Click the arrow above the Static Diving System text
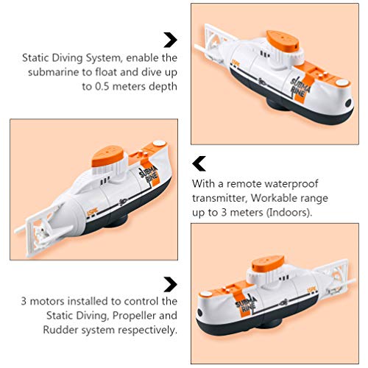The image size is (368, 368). [171, 40]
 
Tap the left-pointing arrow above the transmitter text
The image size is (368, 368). [199, 163]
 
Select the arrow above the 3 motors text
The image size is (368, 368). [171, 285]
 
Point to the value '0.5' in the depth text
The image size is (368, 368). [102, 86]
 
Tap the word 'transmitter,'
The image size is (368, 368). [219, 198]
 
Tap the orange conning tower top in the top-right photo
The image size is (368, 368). [283, 40]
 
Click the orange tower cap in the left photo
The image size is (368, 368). [107, 156]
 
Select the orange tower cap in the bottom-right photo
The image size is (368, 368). [268, 264]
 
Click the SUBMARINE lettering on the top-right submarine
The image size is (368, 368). [300, 87]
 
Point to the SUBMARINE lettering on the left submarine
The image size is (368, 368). [148, 174]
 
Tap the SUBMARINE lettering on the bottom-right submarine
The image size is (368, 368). [246, 304]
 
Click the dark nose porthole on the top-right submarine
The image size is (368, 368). [348, 103]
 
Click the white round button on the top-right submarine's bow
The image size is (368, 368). [342, 82]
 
